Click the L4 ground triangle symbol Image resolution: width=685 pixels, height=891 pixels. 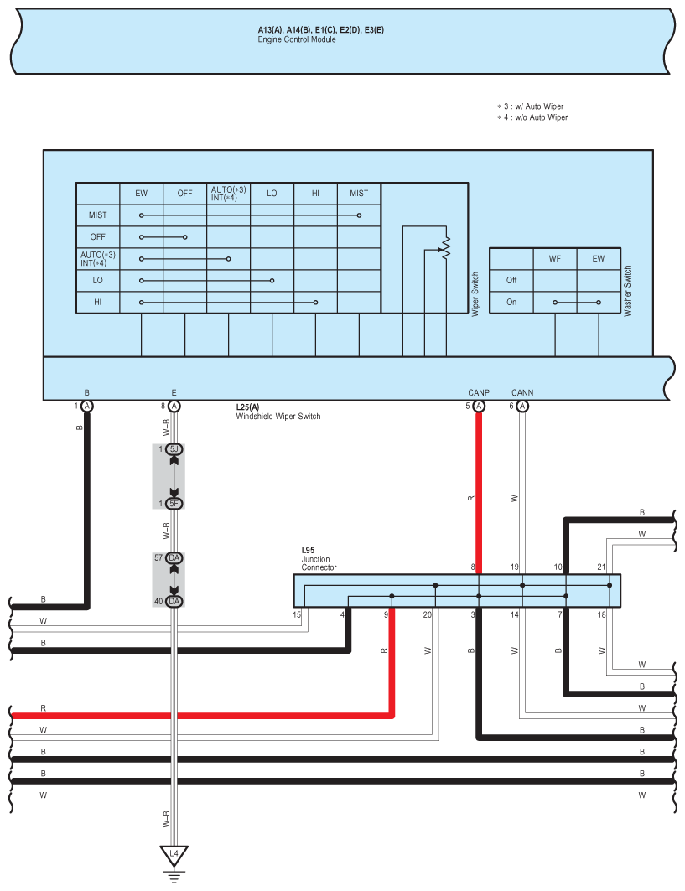174,855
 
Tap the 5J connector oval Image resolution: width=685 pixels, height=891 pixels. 174,449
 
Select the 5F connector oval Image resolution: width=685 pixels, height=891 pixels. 174,504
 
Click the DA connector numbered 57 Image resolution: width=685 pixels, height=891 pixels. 174,558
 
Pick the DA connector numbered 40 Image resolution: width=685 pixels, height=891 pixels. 174,601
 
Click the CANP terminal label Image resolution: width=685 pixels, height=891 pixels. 479,392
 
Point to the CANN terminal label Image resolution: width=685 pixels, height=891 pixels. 522,392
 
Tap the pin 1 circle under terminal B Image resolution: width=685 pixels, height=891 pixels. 87,406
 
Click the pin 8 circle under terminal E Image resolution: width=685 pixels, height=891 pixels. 174,406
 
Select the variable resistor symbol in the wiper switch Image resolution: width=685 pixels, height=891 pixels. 446,248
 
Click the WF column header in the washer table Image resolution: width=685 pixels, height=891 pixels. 555,258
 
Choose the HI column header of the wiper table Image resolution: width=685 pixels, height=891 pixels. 315,193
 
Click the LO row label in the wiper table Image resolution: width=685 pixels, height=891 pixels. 98,280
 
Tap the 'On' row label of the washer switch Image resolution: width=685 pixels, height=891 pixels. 511,302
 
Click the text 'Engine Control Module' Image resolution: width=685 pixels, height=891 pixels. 297,39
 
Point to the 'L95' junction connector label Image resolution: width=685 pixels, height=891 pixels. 308,550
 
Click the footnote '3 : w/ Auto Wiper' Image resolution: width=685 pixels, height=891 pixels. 533,106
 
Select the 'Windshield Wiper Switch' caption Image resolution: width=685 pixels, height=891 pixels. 278,417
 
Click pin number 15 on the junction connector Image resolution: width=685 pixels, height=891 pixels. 297,614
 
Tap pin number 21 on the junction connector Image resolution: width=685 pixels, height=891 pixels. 601,567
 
